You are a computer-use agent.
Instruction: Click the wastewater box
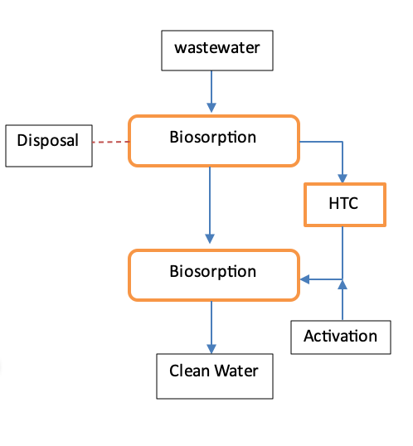point(217,51)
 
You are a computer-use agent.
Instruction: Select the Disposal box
point(49,146)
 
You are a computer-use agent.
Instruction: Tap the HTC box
point(345,205)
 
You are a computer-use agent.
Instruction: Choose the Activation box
point(341,337)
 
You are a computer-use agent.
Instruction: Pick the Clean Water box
point(215,376)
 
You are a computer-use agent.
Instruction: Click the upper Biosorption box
point(214,141)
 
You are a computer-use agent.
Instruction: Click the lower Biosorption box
point(214,275)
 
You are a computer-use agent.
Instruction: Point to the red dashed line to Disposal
point(111,142)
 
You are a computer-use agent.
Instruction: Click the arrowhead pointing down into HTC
point(343,178)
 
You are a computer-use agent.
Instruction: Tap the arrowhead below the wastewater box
point(211,108)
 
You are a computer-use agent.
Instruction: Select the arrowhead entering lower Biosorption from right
point(305,279)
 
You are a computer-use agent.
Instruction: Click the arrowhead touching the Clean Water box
point(211,349)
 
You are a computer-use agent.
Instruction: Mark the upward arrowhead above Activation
point(343,284)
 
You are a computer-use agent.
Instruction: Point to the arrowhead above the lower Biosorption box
point(210,239)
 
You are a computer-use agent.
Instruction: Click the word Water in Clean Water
point(236,371)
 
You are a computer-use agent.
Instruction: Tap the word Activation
point(340,336)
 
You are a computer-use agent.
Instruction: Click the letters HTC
point(343,203)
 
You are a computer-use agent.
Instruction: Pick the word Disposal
point(48,140)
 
